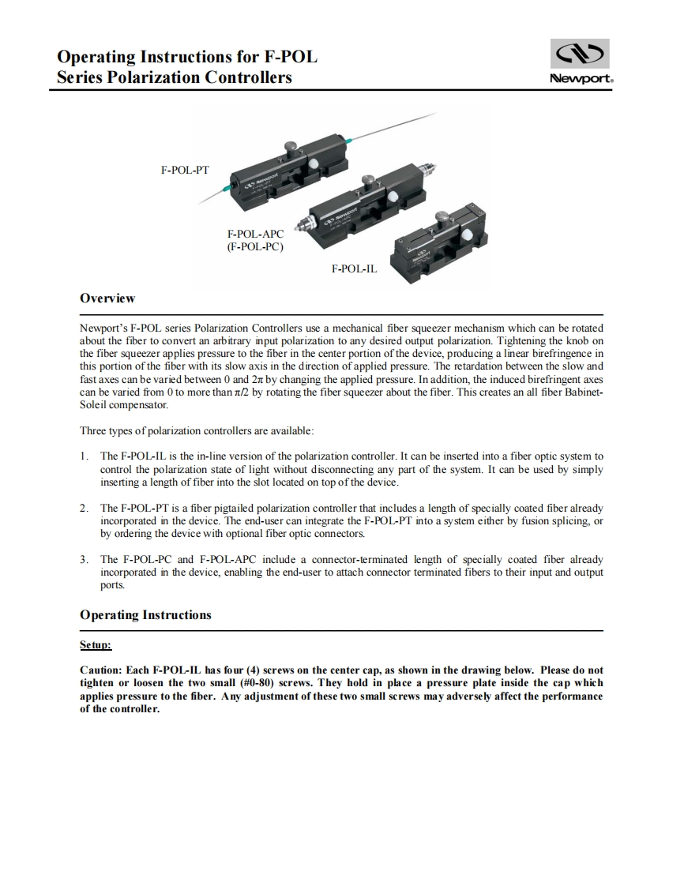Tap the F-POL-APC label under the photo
[255, 235]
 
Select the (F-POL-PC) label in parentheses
[255, 246]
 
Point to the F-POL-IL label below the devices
[354, 268]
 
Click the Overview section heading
[107, 298]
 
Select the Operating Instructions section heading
[145, 615]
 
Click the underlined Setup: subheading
[96, 645]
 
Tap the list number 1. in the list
[85, 456]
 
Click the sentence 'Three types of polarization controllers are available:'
[197, 431]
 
